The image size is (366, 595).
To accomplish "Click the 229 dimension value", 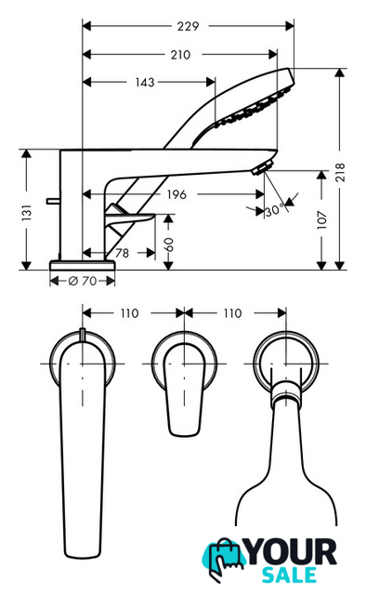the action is click(x=189, y=26).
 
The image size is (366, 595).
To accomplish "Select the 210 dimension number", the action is click(x=180, y=55).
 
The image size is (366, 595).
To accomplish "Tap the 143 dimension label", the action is click(x=145, y=82).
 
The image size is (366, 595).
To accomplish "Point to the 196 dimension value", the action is click(x=176, y=194).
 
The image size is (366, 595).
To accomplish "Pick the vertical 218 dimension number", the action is click(x=340, y=172).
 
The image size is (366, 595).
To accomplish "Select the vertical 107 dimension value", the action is click(x=321, y=219).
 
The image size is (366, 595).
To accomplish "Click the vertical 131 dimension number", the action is click(x=27, y=213).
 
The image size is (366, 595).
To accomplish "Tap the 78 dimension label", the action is click(x=122, y=253).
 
